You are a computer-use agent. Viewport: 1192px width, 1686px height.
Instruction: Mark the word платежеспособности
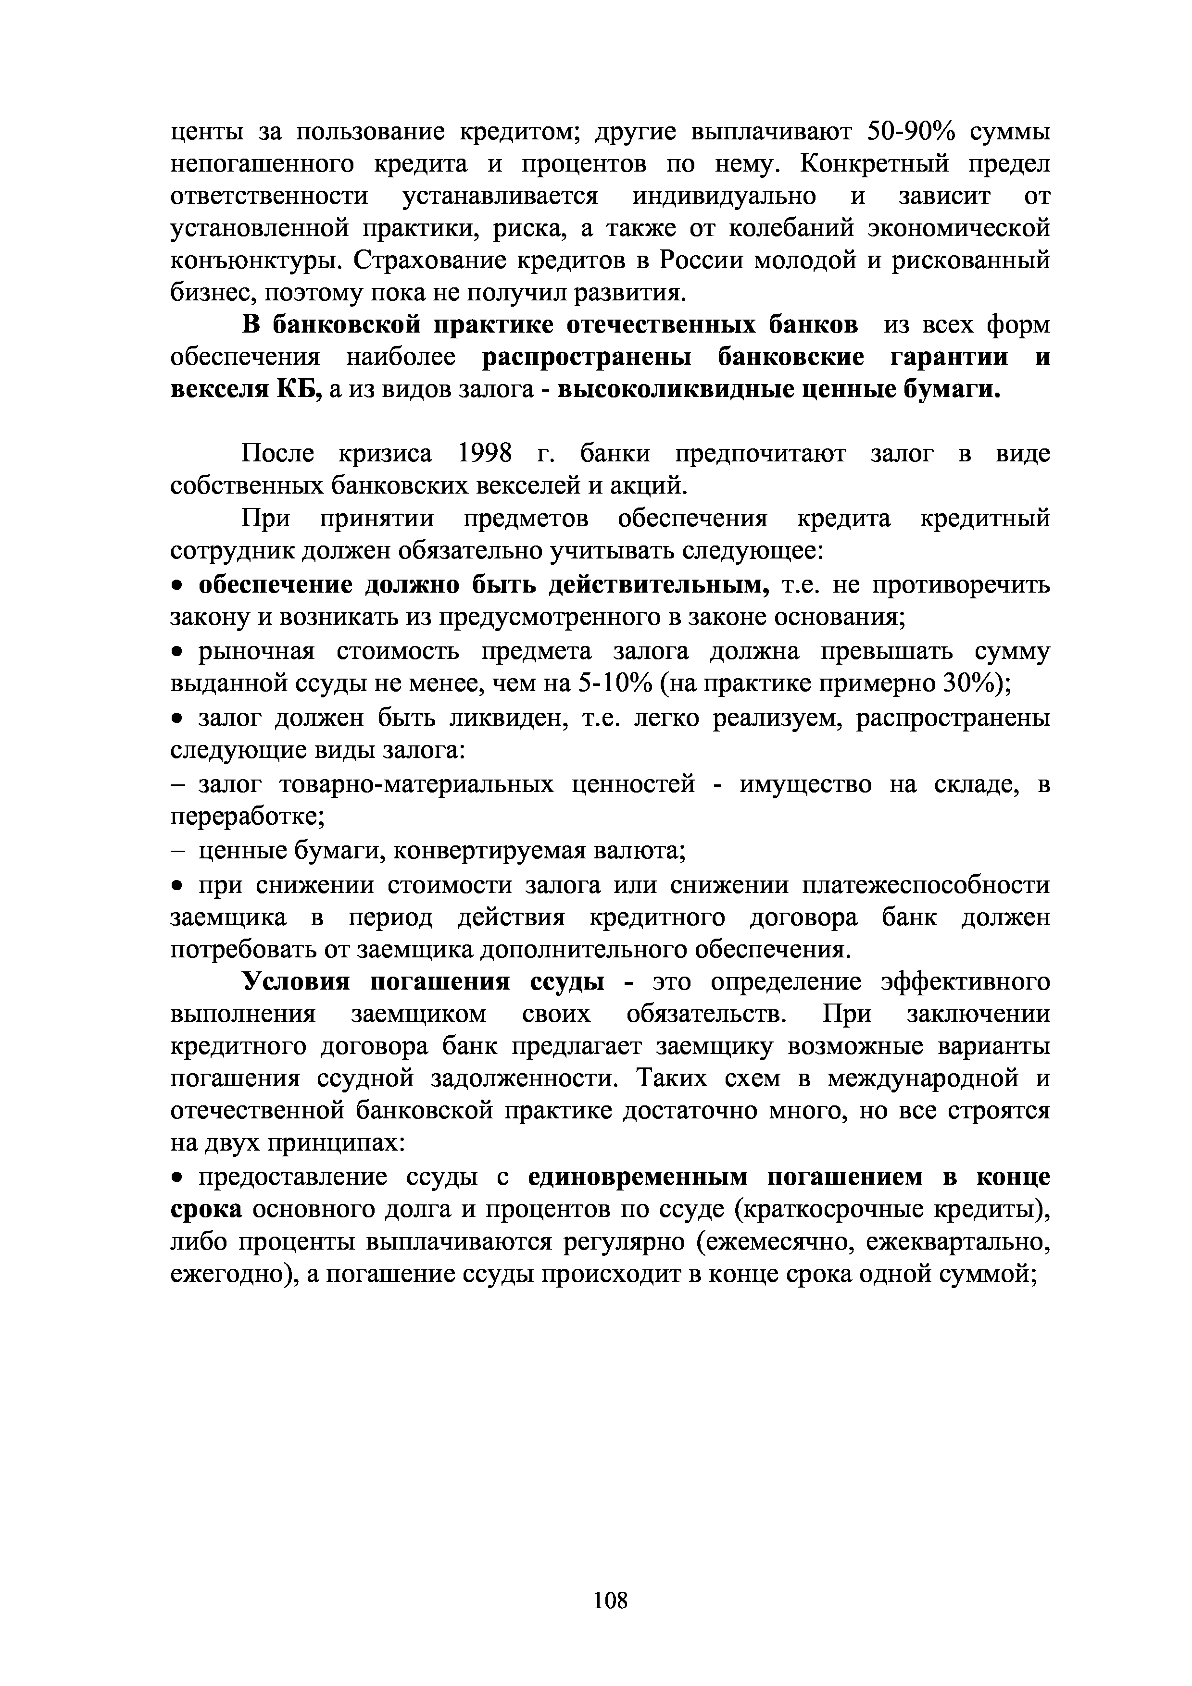(926, 885)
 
